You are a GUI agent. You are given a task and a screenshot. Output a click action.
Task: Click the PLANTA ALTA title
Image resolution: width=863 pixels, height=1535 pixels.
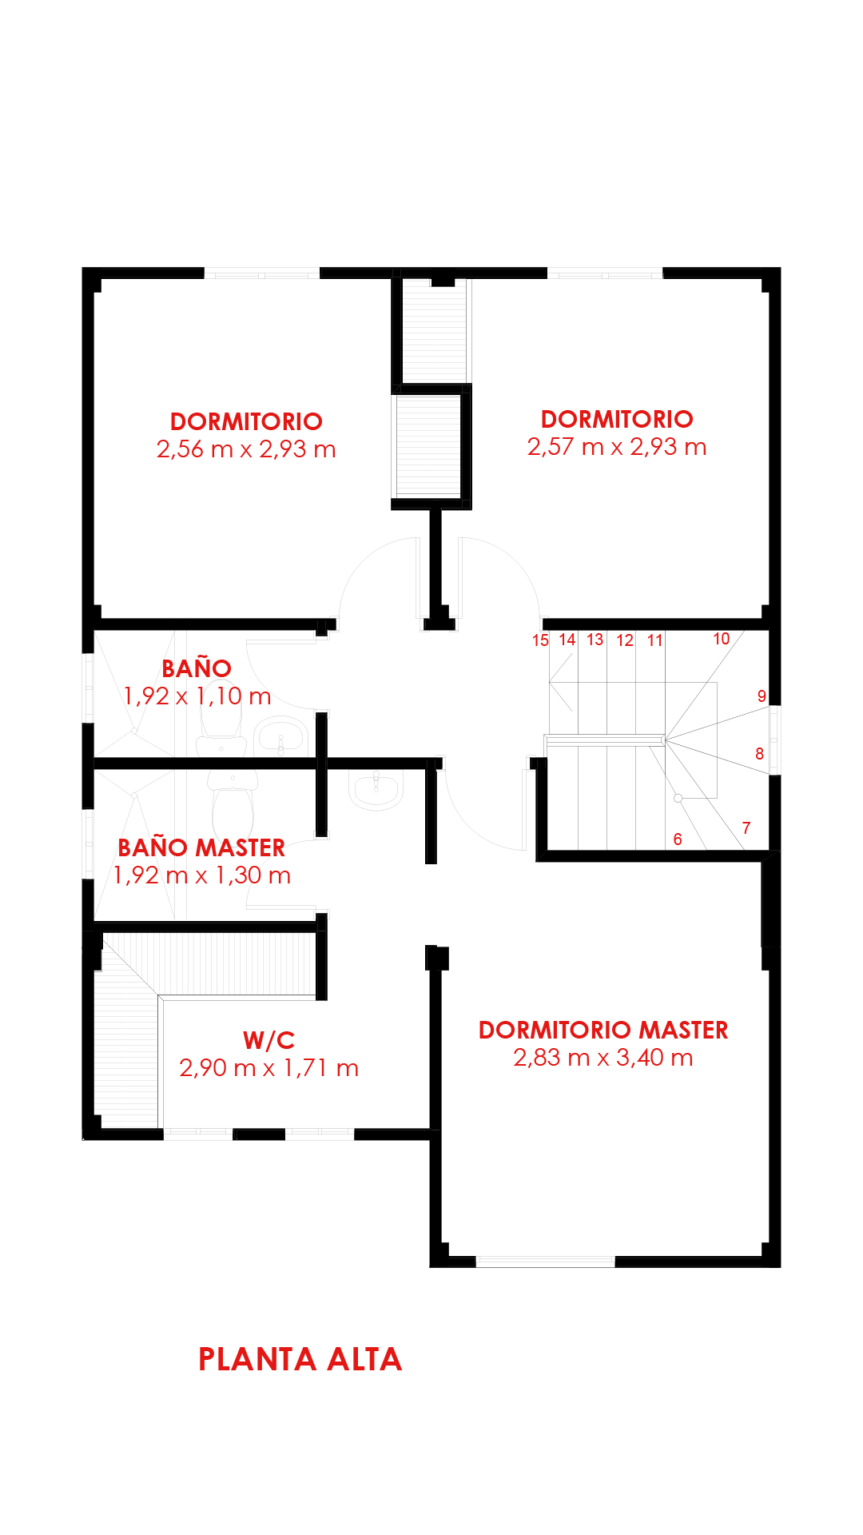point(300,1359)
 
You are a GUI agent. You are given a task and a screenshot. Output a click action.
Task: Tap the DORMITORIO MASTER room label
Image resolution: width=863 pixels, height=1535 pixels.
point(603,1030)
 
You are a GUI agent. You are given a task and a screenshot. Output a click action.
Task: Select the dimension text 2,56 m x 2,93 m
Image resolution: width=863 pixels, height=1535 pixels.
point(246,449)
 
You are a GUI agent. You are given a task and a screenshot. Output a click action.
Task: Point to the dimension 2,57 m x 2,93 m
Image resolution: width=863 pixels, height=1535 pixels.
point(617,447)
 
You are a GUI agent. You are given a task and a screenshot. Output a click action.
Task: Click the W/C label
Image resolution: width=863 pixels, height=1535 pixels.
point(269,1040)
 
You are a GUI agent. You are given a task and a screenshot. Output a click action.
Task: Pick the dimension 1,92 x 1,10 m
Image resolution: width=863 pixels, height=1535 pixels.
point(197,696)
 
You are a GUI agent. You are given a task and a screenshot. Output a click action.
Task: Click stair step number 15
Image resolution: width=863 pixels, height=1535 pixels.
point(541,640)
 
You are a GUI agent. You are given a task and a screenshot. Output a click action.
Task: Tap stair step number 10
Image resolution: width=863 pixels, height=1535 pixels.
point(722,639)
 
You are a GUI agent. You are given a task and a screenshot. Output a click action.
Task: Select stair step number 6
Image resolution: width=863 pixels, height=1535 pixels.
point(678,839)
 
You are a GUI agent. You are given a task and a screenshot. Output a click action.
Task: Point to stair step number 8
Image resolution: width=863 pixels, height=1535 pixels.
point(759,754)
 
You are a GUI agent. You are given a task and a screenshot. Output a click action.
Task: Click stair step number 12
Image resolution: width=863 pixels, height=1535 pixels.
point(625,640)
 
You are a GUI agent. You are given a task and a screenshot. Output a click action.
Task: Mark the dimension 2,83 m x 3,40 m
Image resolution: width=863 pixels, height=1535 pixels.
point(603,1058)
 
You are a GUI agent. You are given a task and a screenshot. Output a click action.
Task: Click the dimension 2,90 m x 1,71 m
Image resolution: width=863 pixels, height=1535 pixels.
point(269,1068)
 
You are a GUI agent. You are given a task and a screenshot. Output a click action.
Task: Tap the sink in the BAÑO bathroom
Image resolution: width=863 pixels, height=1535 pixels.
point(280,736)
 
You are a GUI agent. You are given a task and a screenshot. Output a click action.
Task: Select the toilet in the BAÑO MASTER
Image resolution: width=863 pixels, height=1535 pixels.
point(233,803)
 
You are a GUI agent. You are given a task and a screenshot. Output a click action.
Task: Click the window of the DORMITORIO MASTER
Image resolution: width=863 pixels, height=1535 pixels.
point(546,1262)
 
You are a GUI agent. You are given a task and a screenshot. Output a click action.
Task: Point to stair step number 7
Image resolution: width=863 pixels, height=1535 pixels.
point(746,828)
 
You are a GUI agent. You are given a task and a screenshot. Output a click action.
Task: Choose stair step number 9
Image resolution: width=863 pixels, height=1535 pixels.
point(762,696)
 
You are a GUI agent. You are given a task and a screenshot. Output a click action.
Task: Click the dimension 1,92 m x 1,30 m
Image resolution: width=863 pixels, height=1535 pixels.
point(201,875)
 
